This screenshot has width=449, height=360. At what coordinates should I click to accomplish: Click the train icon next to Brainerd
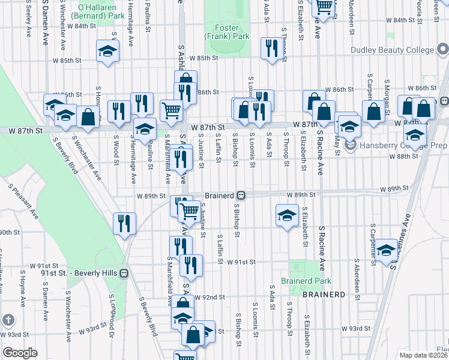tap(240, 196)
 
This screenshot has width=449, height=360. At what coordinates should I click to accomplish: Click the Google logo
tap(20, 353)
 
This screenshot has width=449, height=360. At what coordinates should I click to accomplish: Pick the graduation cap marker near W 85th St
tap(107, 52)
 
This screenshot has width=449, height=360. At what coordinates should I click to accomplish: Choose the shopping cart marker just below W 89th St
tap(190, 211)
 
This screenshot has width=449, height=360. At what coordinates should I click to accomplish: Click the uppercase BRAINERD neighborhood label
tap(324, 295)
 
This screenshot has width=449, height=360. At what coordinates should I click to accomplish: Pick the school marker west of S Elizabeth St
tap(288, 215)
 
